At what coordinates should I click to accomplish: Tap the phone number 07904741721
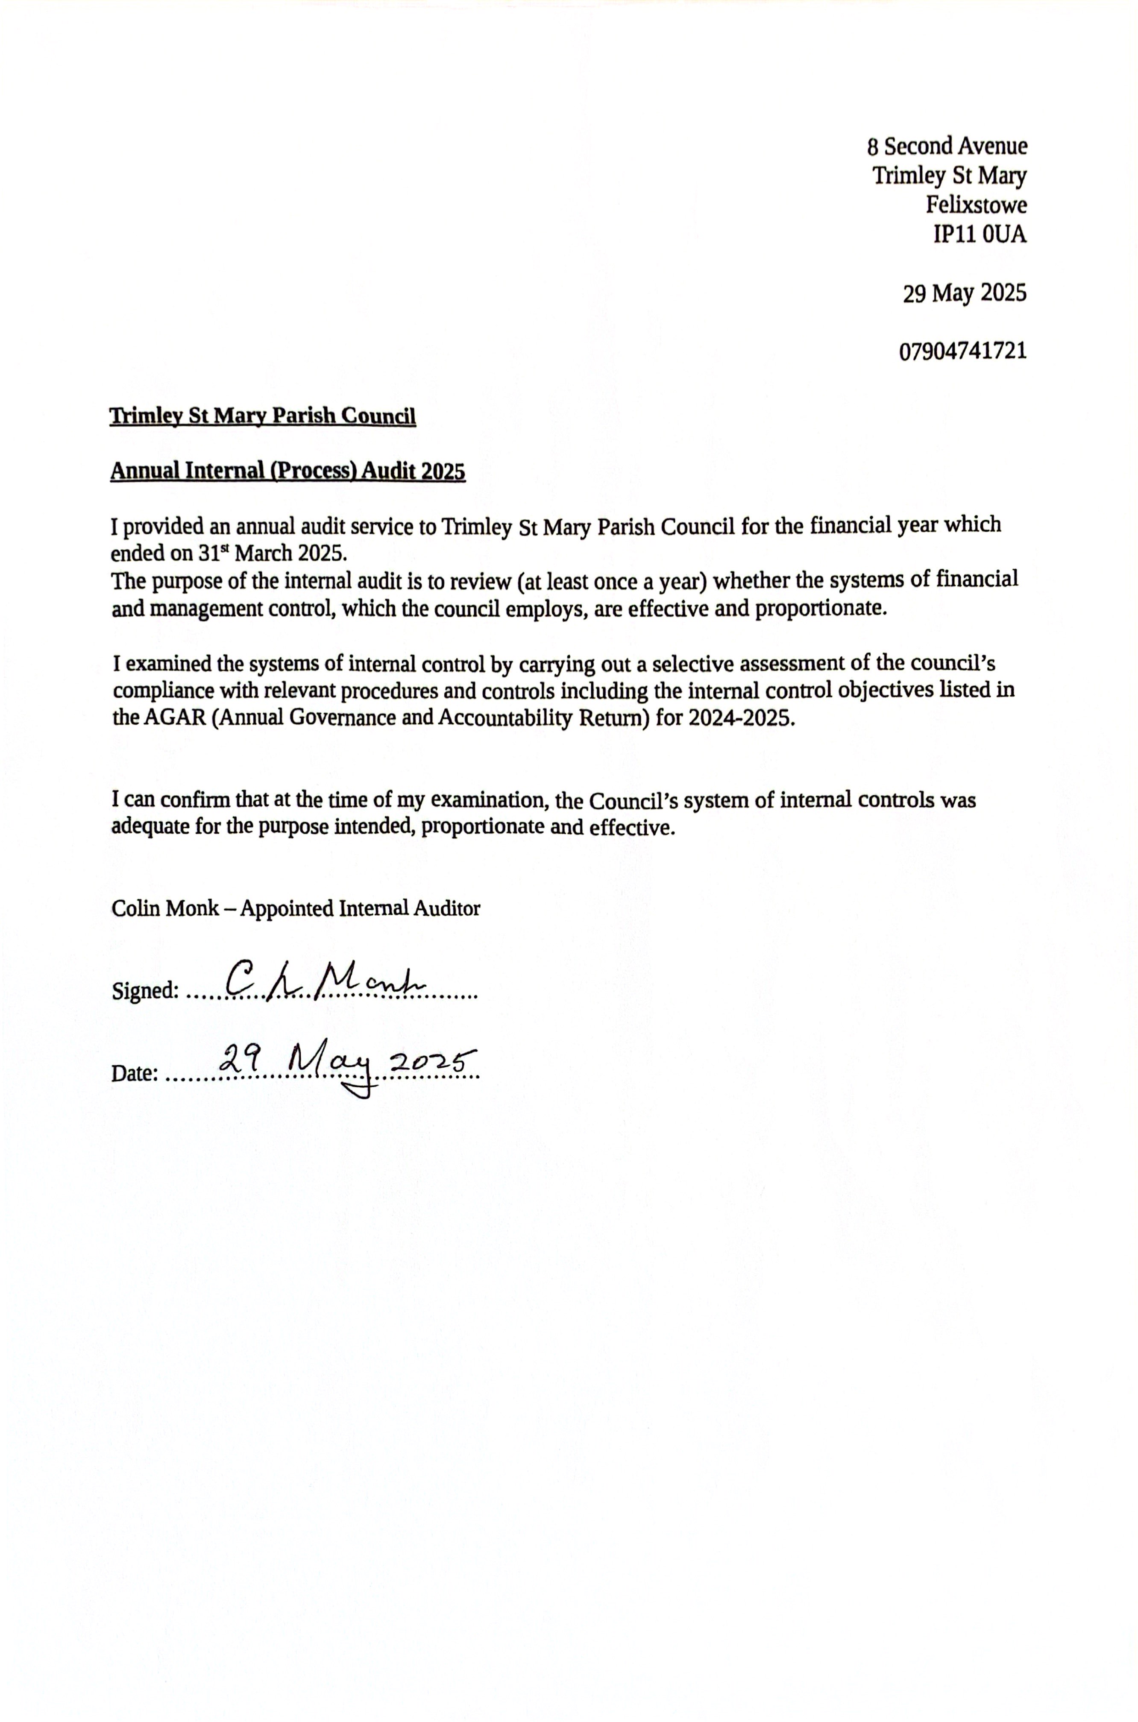[963, 352]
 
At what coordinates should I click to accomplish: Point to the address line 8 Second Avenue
[947, 146]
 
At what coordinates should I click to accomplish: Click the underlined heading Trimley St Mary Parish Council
[263, 416]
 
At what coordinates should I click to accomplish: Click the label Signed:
[145, 990]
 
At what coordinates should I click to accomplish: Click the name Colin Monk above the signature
[165, 908]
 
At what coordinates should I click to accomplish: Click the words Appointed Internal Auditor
[360, 908]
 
